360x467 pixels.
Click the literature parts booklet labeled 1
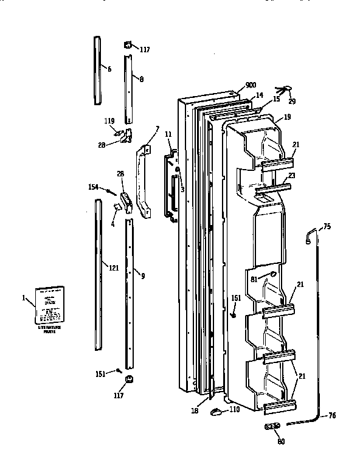50,305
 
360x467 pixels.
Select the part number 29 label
292,101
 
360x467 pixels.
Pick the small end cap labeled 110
216,412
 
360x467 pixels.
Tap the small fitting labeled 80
271,426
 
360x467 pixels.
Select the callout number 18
194,411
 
